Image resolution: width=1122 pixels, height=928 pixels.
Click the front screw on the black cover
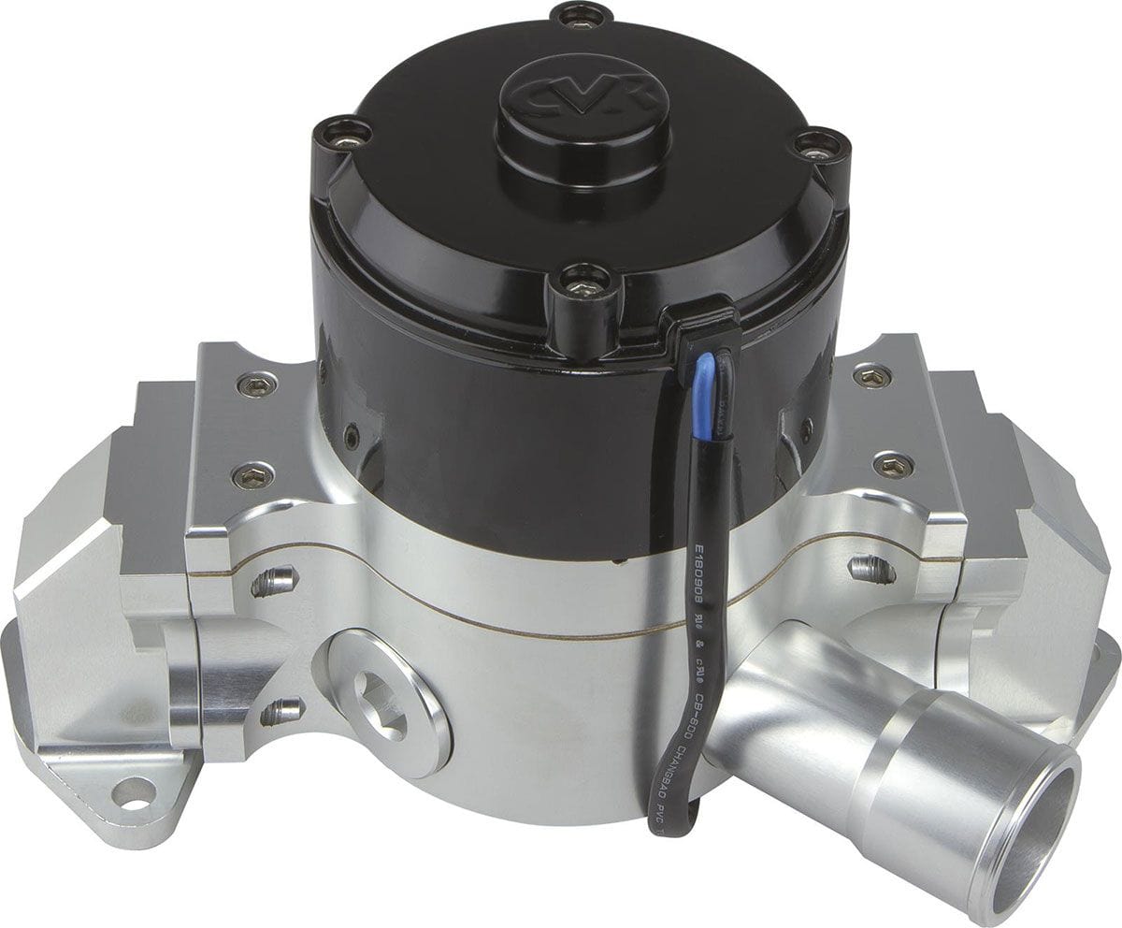582,288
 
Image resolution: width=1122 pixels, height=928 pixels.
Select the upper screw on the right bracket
872,376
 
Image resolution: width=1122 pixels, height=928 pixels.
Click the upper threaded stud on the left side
273,582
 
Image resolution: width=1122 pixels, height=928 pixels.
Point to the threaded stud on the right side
870,567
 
